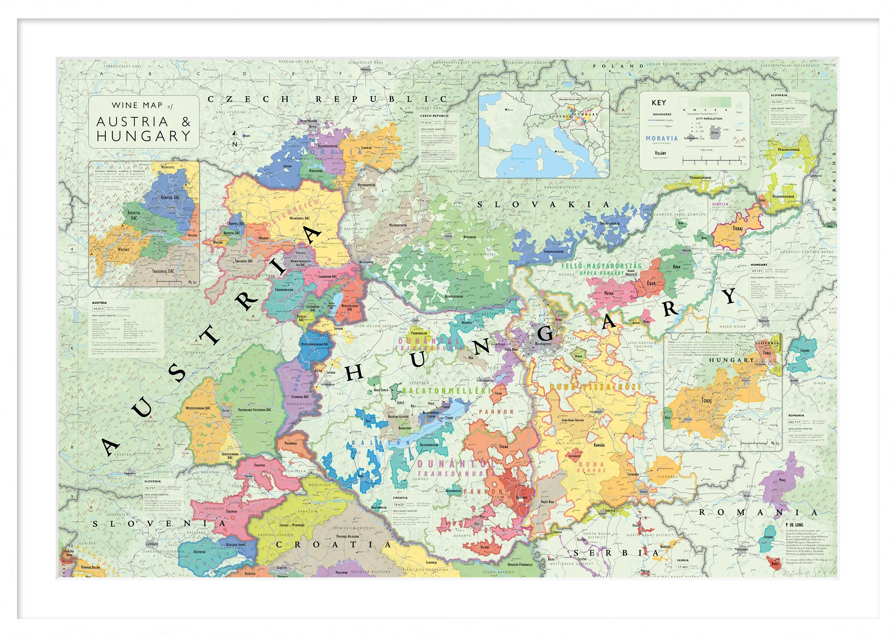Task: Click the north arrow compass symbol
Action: (x=234, y=140)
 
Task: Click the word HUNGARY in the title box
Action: (x=143, y=136)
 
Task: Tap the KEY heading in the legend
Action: (x=659, y=103)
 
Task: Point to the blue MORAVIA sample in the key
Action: (x=662, y=138)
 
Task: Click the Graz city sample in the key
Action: (x=715, y=133)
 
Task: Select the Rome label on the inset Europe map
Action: (x=560, y=151)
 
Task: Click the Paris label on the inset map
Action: (x=509, y=109)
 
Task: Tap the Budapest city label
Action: (x=543, y=344)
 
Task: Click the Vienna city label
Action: (x=301, y=253)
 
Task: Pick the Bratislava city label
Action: (x=366, y=262)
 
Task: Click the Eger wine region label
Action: (x=651, y=283)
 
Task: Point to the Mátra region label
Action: (x=609, y=294)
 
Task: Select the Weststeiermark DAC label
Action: (x=198, y=408)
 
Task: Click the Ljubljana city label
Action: (x=152, y=544)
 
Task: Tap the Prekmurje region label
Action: (x=291, y=443)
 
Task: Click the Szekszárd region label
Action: (x=521, y=497)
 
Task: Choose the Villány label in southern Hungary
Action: (x=485, y=547)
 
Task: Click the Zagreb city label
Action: (x=282, y=567)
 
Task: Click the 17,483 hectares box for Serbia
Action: (x=683, y=567)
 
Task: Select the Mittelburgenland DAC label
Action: (x=315, y=344)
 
